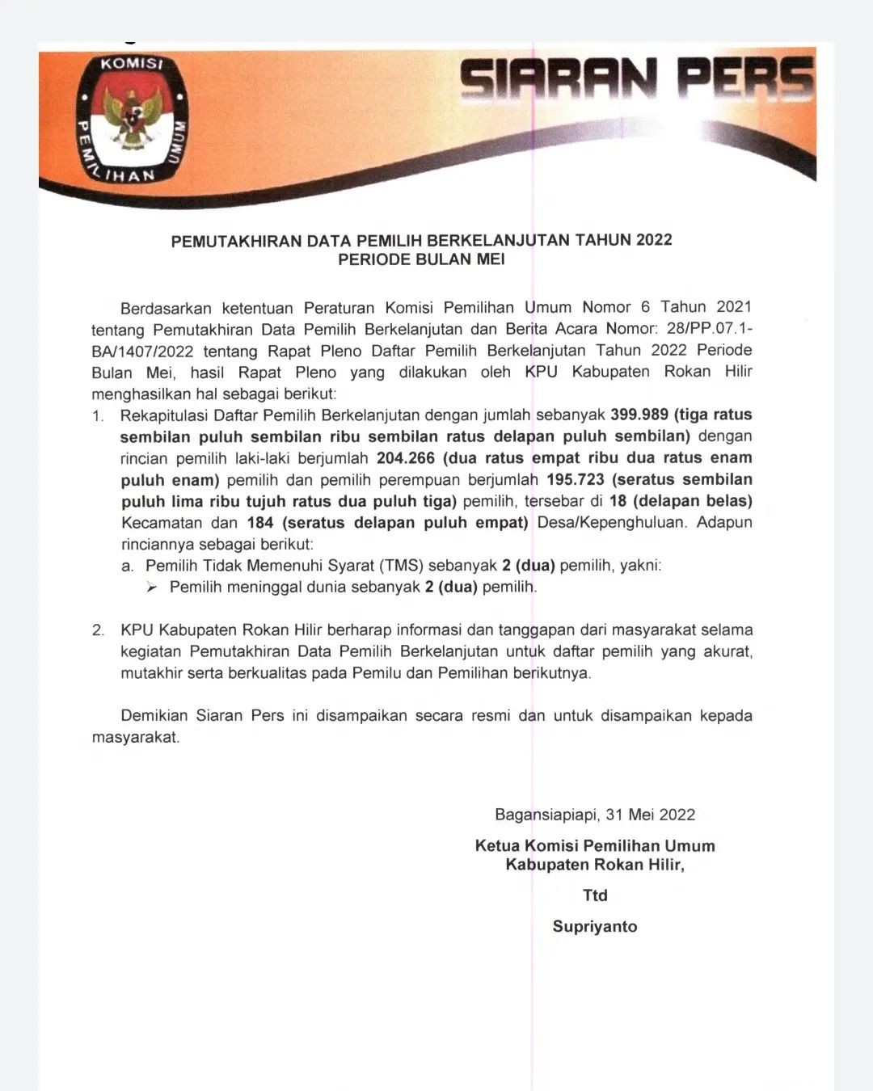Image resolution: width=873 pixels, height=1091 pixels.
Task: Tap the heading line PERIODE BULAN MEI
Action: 421,259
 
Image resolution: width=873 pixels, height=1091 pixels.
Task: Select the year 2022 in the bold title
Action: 654,240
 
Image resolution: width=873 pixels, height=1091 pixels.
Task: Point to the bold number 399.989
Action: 639,415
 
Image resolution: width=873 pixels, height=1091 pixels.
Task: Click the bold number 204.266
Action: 406,457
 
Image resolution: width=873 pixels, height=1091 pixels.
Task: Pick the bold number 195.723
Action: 576,479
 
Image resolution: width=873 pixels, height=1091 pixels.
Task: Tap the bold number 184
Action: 260,523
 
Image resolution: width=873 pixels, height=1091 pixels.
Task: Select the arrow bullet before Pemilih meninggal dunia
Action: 151,588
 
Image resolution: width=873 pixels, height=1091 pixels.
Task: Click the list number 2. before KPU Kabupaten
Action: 98,630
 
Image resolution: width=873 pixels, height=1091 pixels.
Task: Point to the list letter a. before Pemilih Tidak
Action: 128,566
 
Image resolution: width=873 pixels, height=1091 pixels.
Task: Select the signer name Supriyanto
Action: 595,926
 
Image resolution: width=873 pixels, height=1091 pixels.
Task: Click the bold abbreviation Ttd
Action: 595,895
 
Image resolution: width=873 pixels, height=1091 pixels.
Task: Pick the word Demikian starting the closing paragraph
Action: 154,716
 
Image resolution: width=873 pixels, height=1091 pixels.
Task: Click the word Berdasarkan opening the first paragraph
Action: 166,308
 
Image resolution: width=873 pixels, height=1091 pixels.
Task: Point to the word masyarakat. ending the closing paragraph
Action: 136,737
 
